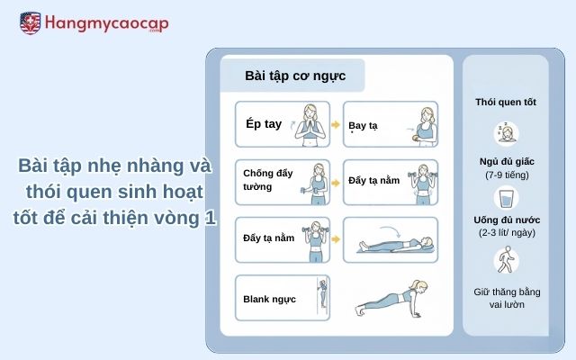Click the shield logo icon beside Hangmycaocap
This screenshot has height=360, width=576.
(29, 23)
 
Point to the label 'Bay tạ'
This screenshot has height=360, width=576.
(363, 126)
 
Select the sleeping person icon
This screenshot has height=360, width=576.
(506, 133)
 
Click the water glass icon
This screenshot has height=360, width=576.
(506, 197)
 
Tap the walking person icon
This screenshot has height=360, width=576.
(506, 262)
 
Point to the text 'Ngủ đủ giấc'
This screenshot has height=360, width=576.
(506, 161)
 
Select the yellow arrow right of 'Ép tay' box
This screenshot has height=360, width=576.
(336, 126)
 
